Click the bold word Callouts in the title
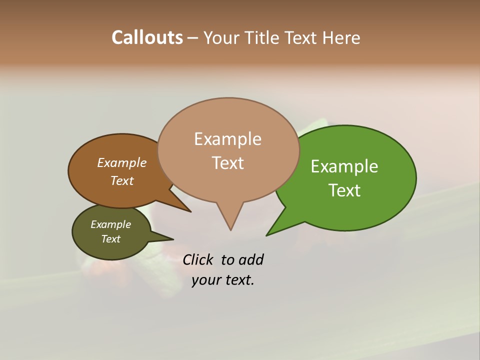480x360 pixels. tap(147, 37)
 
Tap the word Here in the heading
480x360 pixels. tap(341, 37)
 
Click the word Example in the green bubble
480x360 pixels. tap(344, 166)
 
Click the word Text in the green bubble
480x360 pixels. tap(344, 190)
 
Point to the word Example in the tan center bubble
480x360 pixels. tap(227, 139)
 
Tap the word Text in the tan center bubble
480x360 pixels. tap(227, 163)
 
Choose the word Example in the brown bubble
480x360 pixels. tap(122, 163)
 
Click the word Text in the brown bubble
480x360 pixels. tap(122, 181)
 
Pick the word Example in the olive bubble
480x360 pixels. tap(110, 224)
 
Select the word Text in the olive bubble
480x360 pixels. tap(110, 239)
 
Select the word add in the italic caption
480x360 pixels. tap(250, 260)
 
